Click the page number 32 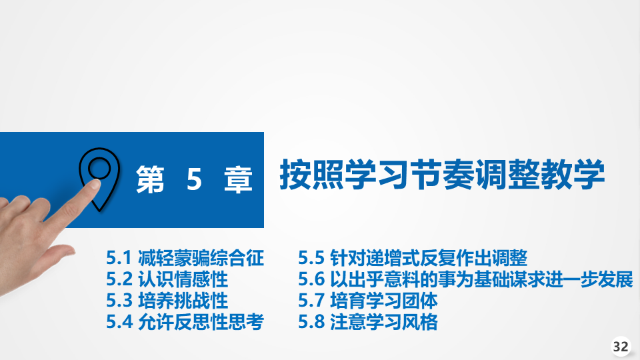[x=621, y=347]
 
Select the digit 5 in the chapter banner [x=194, y=179]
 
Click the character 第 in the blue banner [x=150, y=179]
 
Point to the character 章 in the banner [x=239, y=179]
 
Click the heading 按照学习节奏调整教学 [x=442, y=174]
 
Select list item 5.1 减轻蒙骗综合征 [x=185, y=258]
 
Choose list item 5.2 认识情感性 [x=167, y=279]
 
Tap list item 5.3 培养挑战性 [x=167, y=301]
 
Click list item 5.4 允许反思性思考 [x=185, y=321]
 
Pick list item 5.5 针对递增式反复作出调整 [x=413, y=258]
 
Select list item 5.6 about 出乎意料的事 [x=466, y=279]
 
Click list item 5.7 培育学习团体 [x=368, y=301]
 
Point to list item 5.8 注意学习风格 [x=368, y=321]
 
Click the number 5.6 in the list [x=311, y=279]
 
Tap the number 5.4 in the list [x=119, y=322]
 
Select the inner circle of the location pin [x=99, y=168]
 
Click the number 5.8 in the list [x=311, y=322]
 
